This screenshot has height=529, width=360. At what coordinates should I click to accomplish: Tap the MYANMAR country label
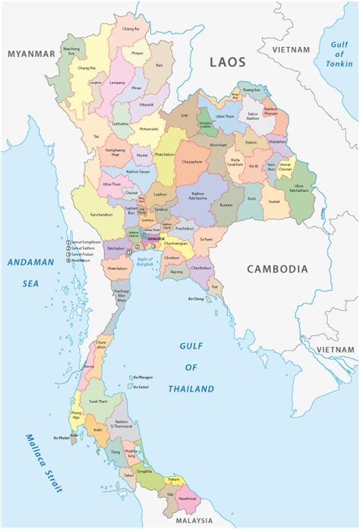point(31,54)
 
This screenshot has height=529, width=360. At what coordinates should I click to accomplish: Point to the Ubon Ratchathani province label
point(302,187)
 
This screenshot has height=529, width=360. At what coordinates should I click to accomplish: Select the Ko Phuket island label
point(62,438)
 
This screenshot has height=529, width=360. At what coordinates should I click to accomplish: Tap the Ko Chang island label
point(196,298)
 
